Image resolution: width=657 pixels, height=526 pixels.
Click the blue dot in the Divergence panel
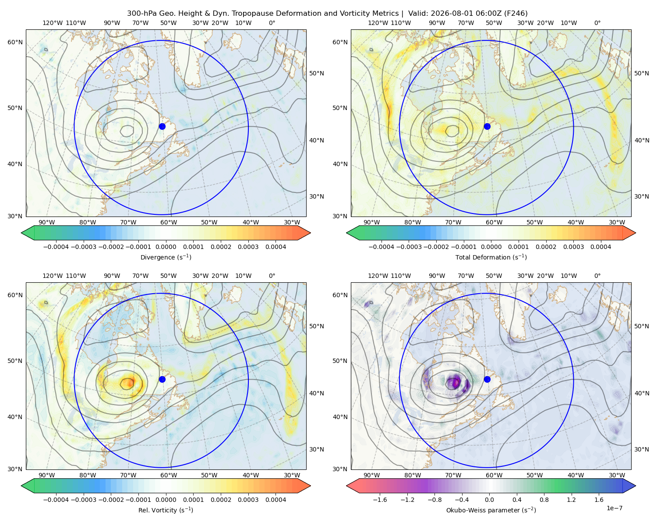pyautogui.click(x=162, y=126)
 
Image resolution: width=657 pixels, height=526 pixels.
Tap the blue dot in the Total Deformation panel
pyautogui.click(x=487, y=126)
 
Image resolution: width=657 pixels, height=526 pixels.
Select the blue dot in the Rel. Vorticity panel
pyautogui.click(x=162, y=379)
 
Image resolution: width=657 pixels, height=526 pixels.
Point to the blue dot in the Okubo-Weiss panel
pyautogui.click(x=487, y=379)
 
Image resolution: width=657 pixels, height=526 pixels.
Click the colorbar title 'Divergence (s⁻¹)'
pyautogui.click(x=166, y=257)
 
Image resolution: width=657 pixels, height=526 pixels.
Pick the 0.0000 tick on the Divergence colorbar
pyautogui.click(x=166, y=247)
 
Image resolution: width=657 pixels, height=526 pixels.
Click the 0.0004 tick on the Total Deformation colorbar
pyautogui.click(x=600, y=247)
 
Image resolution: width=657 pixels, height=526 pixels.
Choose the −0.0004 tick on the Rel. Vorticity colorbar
pyautogui.click(x=56, y=500)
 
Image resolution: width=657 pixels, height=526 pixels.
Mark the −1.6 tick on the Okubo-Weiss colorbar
pyautogui.click(x=380, y=500)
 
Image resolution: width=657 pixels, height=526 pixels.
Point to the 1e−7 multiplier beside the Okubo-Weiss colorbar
pyautogui.click(x=614, y=508)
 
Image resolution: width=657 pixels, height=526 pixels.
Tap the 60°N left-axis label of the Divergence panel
pyautogui.click(x=15, y=42)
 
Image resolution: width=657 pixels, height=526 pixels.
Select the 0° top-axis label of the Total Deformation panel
pyautogui.click(x=597, y=23)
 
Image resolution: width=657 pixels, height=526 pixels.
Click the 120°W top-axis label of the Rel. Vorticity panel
pyautogui.click(x=53, y=276)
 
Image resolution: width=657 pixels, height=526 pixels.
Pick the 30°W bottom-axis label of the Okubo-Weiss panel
pyautogui.click(x=617, y=475)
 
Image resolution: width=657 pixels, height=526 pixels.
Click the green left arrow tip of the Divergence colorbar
pyautogui.click(x=21, y=233)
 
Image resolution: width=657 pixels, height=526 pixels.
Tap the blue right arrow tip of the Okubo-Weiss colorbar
pyautogui.click(x=636, y=486)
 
